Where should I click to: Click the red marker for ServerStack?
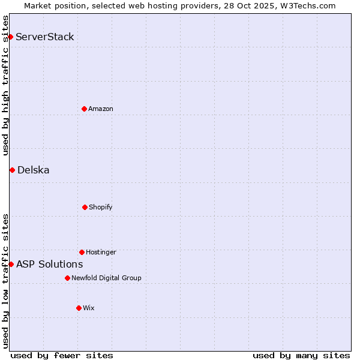pos(10,37)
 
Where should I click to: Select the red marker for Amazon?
pos(84,109)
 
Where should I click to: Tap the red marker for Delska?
pos(12,170)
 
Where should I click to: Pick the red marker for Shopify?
pos(85,207)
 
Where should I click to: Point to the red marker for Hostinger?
pos(82,252)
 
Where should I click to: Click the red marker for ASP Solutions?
pos(11,264)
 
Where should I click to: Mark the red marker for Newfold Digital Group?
pos(67,278)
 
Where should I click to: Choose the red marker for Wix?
pos(79,308)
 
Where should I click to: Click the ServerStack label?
pos(45,37)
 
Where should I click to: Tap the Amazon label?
pos(101,109)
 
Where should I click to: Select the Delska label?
pos(34,170)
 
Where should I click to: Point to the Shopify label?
pos(101,207)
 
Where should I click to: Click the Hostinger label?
pos(101,252)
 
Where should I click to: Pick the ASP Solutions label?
pos(50,264)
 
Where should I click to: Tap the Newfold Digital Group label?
pos(106,278)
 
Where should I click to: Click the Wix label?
pos(89,308)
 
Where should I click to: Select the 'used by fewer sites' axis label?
pos(62,355)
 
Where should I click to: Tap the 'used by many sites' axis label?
pos(301,355)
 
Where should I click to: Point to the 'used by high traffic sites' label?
pos(5,85)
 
